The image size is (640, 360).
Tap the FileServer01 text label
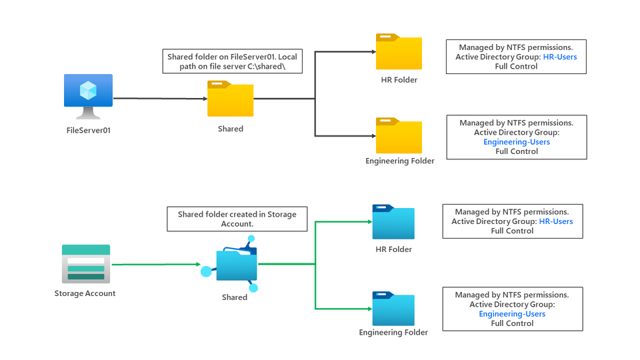[88, 130]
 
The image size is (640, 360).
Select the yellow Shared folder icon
[230, 99]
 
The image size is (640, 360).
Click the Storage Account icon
[85, 263]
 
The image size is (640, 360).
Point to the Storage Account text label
[85, 293]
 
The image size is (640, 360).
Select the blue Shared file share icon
[234, 267]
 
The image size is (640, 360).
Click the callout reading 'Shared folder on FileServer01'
[233, 62]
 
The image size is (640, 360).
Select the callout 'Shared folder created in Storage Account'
[237, 219]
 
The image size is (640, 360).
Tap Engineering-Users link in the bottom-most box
[512, 314]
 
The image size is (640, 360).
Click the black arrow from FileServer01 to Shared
[160, 99]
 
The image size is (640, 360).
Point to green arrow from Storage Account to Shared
[157, 265]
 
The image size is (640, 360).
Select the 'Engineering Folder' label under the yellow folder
[400, 161]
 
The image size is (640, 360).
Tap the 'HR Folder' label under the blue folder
[393, 249]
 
